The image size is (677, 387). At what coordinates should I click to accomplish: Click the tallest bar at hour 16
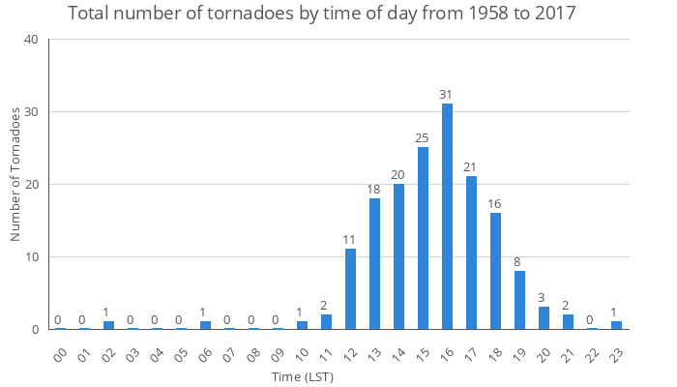tap(447, 217)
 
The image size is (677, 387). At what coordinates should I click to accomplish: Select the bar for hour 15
tap(423, 238)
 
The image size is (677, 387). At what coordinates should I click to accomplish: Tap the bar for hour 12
tap(350, 289)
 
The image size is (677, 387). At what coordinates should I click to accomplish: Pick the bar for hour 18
tap(495, 271)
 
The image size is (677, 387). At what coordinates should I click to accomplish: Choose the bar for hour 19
tap(519, 300)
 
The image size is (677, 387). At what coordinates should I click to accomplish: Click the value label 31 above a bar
tap(447, 94)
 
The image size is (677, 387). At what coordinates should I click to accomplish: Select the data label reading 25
tap(423, 137)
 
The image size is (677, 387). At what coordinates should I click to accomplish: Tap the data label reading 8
tap(519, 261)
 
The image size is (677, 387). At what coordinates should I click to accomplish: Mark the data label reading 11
tap(350, 239)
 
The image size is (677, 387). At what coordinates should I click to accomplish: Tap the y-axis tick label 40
tap(32, 40)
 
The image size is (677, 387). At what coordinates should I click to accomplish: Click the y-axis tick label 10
tap(32, 257)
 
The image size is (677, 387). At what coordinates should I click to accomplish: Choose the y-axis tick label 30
tap(32, 112)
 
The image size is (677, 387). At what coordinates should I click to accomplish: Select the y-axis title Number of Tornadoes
tap(15, 174)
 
